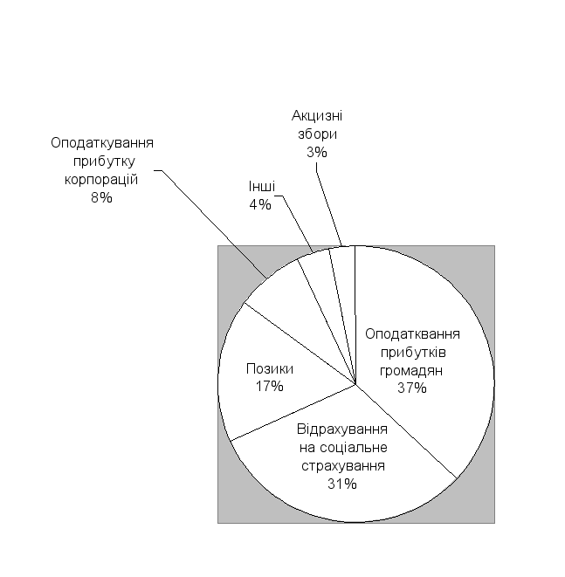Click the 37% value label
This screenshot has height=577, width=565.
pos(412,388)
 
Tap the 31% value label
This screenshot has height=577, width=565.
pos(342,484)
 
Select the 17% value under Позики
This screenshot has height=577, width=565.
pos(270,387)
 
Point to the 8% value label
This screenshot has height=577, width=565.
pos(101,197)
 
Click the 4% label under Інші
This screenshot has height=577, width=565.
pos(260,204)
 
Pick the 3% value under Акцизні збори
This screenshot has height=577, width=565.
pos(317,152)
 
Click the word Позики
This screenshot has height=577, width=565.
pos(270,368)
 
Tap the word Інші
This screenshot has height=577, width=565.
pos(262,186)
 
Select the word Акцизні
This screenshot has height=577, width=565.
pos(317,115)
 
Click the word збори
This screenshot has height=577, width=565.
pos(317,134)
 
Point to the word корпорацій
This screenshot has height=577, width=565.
pos(101,179)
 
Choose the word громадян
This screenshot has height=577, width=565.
pos(411,370)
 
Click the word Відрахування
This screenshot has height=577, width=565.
pos(342,429)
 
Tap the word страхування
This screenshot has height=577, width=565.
pos(343,465)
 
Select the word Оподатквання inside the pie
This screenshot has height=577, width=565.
pos(412,333)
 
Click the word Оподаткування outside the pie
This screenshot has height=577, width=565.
pos(102,143)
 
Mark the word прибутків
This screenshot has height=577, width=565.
pos(413,352)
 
